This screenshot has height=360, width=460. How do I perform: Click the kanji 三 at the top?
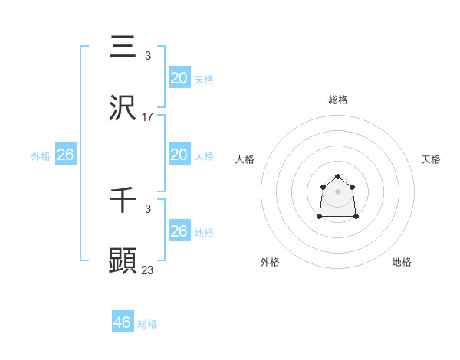pyautogui.click(x=123, y=47)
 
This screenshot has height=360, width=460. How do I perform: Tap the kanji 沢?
pyautogui.click(x=123, y=108)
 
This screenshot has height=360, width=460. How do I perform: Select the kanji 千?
pyautogui.click(x=123, y=200)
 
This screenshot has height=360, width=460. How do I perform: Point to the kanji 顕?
pyautogui.click(x=123, y=260)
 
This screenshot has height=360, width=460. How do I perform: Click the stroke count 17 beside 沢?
pyautogui.click(x=148, y=117)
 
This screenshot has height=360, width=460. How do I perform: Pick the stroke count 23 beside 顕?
pyautogui.click(x=148, y=270)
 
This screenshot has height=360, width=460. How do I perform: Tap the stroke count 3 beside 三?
pyautogui.click(x=148, y=57)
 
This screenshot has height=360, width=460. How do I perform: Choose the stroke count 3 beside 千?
pyautogui.click(x=148, y=209)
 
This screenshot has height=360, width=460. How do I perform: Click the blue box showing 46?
pyautogui.click(x=123, y=322)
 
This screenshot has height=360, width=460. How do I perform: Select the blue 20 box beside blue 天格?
pyautogui.click(x=179, y=77)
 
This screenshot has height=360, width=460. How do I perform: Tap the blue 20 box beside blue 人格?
pyautogui.click(x=179, y=155)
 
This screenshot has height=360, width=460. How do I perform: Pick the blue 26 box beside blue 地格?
pyautogui.click(x=179, y=231)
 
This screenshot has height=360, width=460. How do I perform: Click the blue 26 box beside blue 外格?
pyautogui.click(x=66, y=155)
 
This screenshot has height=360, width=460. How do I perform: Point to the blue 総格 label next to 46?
pyautogui.click(x=147, y=324)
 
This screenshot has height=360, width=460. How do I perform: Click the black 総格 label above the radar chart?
pyautogui.click(x=338, y=100)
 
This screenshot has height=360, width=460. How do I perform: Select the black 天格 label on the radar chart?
pyautogui.click(x=431, y=159)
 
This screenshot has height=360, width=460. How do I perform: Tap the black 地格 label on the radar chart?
pyautogui.click(x=402, y=263)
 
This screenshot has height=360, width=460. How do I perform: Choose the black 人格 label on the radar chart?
pyautogui.click(x=245, y=159)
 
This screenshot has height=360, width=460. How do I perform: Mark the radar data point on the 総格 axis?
pyautogui.click(x=338, y=176)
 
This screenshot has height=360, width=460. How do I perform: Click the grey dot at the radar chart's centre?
pyautogui.click(x=338, y=191)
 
